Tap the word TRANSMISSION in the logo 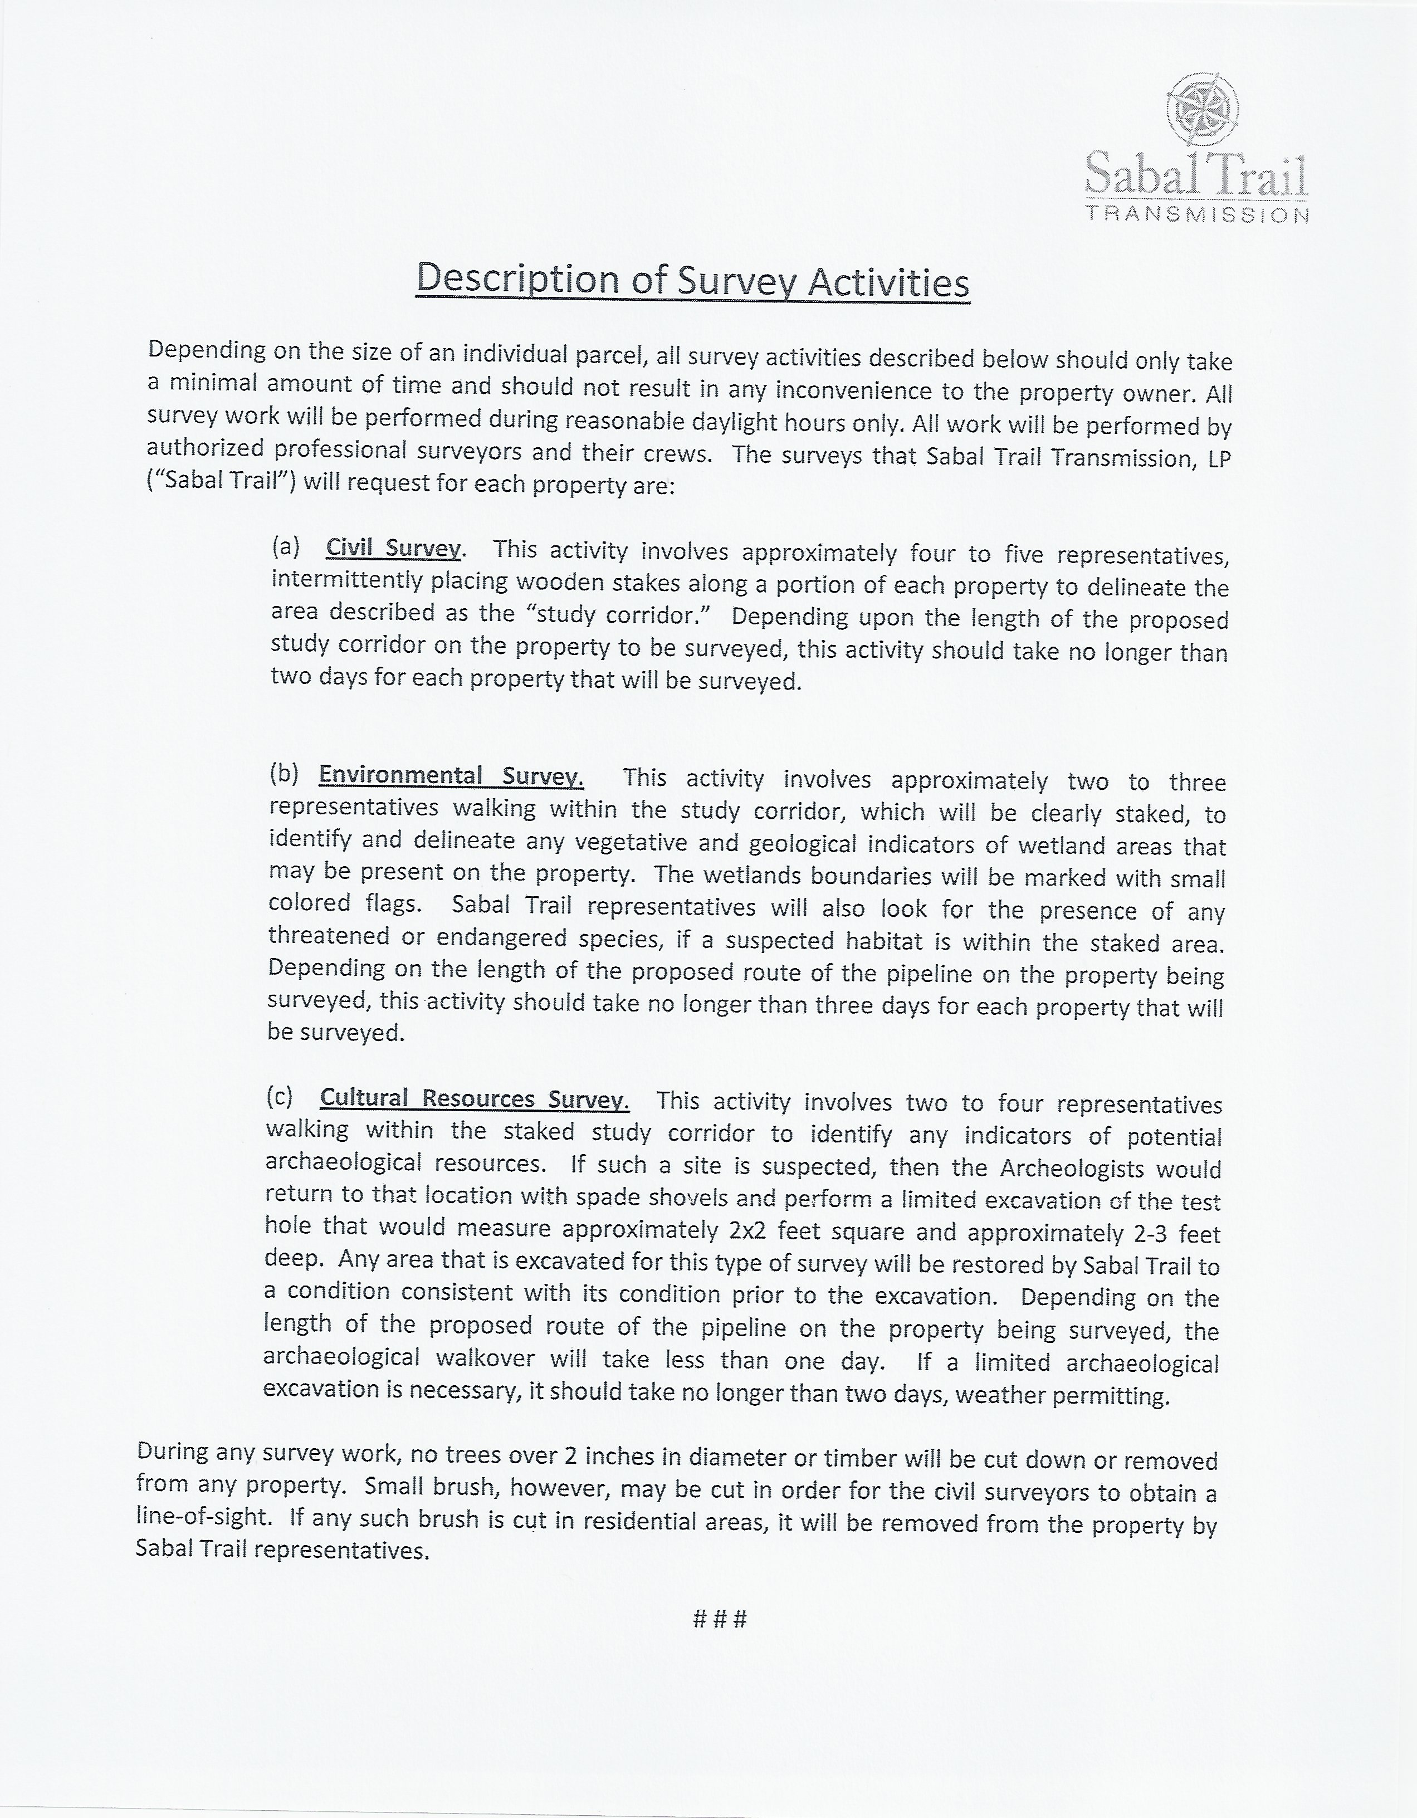click(1197, 215)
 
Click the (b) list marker click(284, 773)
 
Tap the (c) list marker click(280, 1096)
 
